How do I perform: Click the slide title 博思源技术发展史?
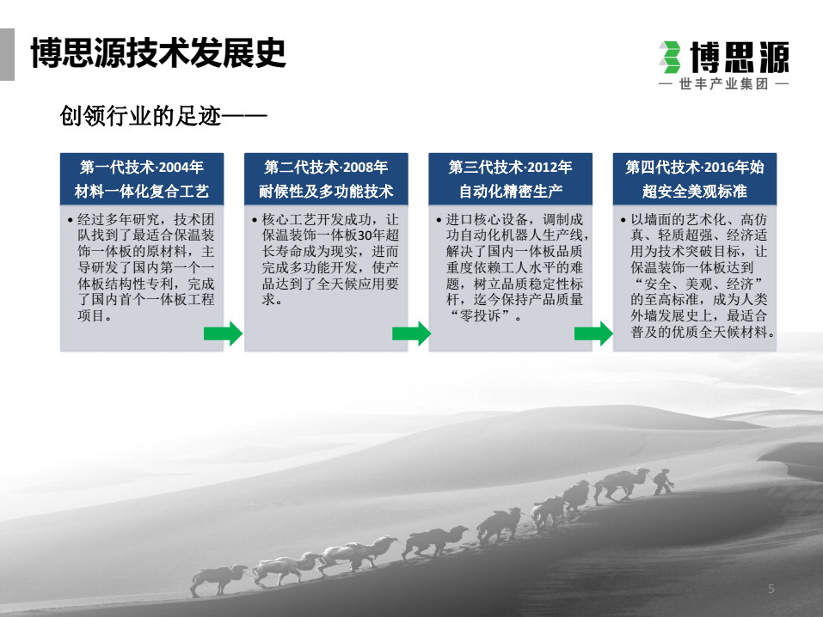click(x=158, y=52)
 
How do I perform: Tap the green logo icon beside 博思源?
click(x=670, y=57)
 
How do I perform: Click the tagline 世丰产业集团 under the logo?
click(x=724, y=84)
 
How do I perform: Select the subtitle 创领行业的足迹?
click(x=141, y=115)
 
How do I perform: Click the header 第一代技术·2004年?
click(x=142, y=167)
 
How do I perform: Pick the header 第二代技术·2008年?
click(x=326, y=167)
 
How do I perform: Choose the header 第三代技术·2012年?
click(x=510, y=167)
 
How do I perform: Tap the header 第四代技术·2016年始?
click(x=694, y=167)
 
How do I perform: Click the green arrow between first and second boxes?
click(x=223, y=333)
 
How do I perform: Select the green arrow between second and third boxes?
click(x=411, y=333)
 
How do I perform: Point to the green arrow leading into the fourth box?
click(x=593, y=333)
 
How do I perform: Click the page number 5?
click(x=771, y=589)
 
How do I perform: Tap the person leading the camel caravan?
click(x=662, y=481)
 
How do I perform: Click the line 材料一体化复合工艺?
click(x=142, y=191)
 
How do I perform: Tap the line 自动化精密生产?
click(x=510, y=191)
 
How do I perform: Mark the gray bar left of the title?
click(x=8, y=54)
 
